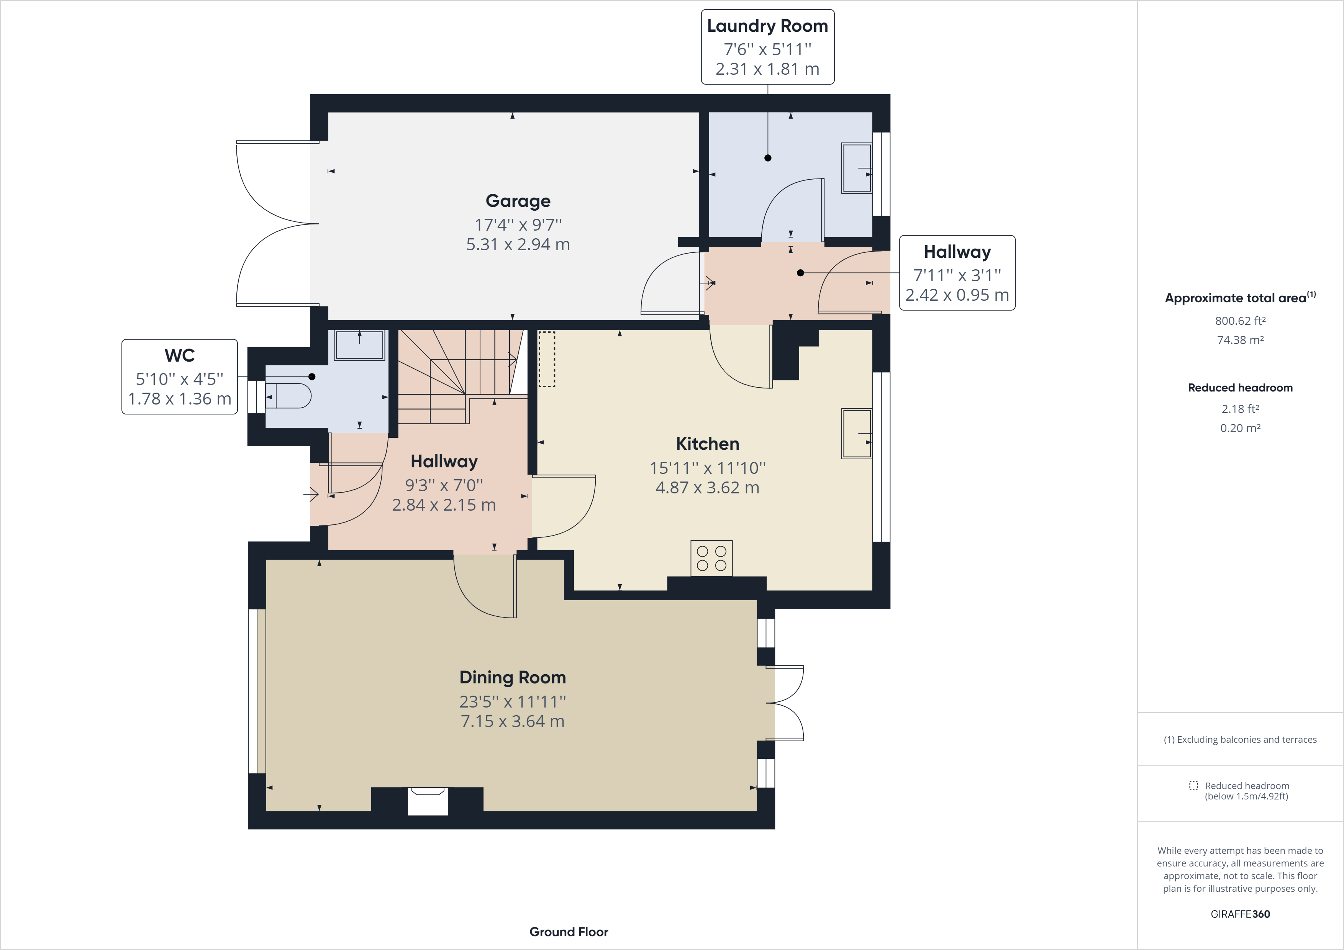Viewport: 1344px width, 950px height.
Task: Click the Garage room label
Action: click(518, 201)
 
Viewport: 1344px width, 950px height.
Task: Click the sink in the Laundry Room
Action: click(856, 168)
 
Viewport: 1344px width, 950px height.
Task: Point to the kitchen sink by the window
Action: click(856, 433)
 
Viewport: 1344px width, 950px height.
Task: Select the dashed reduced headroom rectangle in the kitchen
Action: click(546, 359)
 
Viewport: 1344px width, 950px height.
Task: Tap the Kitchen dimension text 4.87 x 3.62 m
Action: click(707, 488)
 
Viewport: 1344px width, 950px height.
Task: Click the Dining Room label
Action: click(512, 677)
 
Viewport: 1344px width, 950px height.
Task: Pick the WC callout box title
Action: click(179, 355)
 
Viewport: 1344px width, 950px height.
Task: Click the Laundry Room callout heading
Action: click(767, 26)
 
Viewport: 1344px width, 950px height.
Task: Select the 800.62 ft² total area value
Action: click(1240, 321)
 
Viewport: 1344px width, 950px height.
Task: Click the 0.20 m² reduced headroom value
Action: click(1240, 428)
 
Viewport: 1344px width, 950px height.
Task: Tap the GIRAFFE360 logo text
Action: click(1240, 914)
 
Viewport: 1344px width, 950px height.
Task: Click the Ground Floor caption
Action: click(569, 932)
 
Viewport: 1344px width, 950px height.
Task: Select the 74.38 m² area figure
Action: click(1240, 340)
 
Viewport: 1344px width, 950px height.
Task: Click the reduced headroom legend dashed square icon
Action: click(1193, 786)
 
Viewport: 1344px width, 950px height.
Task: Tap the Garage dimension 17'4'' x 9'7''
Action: click(518, 225)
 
